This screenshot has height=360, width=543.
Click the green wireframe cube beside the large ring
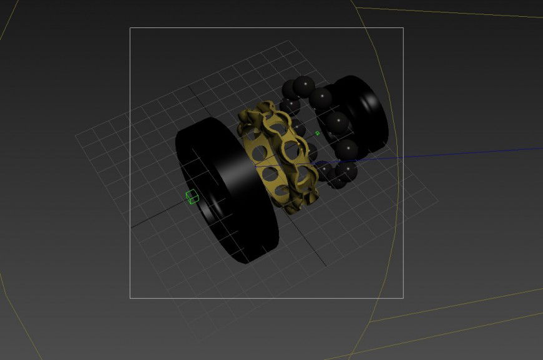click(x=192, y=197)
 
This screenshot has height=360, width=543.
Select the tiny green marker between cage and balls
click(x=317, y=133)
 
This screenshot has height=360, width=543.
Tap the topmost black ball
click(x=303, y=85)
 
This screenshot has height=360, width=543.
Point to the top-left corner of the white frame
click(x=130, y=27)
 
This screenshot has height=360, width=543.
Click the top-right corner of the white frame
click(x=403, y=27)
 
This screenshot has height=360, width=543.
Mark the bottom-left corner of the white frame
click(x=130, y=298)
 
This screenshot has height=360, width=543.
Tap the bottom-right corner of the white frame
click(x=403, y=298)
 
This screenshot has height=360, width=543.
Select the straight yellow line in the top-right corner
click(x=449, y=12)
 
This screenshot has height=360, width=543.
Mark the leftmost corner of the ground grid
click(x=76, y=134)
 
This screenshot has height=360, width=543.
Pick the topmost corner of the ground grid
click(x=286, y=41)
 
